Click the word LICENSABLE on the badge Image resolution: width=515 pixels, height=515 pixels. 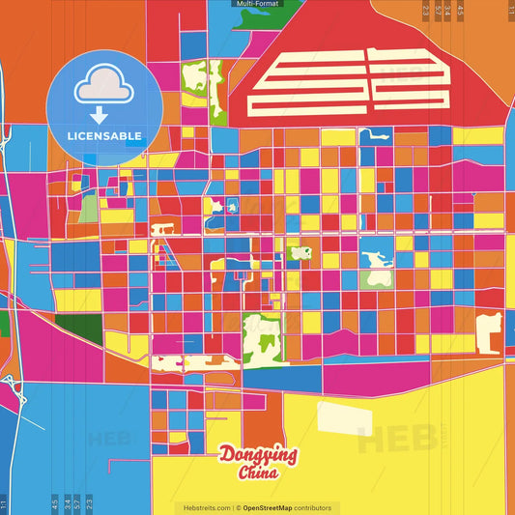tap(104, 135)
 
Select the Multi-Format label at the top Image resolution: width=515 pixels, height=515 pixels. tap(257, 4)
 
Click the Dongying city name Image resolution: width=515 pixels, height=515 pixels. tap(258, 455)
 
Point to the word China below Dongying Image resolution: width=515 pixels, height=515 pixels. tap(258, 473)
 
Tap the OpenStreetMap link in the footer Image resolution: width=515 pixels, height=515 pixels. tap(273, 508)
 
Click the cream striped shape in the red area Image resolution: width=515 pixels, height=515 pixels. tap(348, 83)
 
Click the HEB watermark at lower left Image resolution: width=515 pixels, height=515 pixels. tap(108, 440)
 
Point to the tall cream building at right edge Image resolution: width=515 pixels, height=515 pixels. tap(490, 333)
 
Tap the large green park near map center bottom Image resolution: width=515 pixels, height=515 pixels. tap(259, 337)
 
